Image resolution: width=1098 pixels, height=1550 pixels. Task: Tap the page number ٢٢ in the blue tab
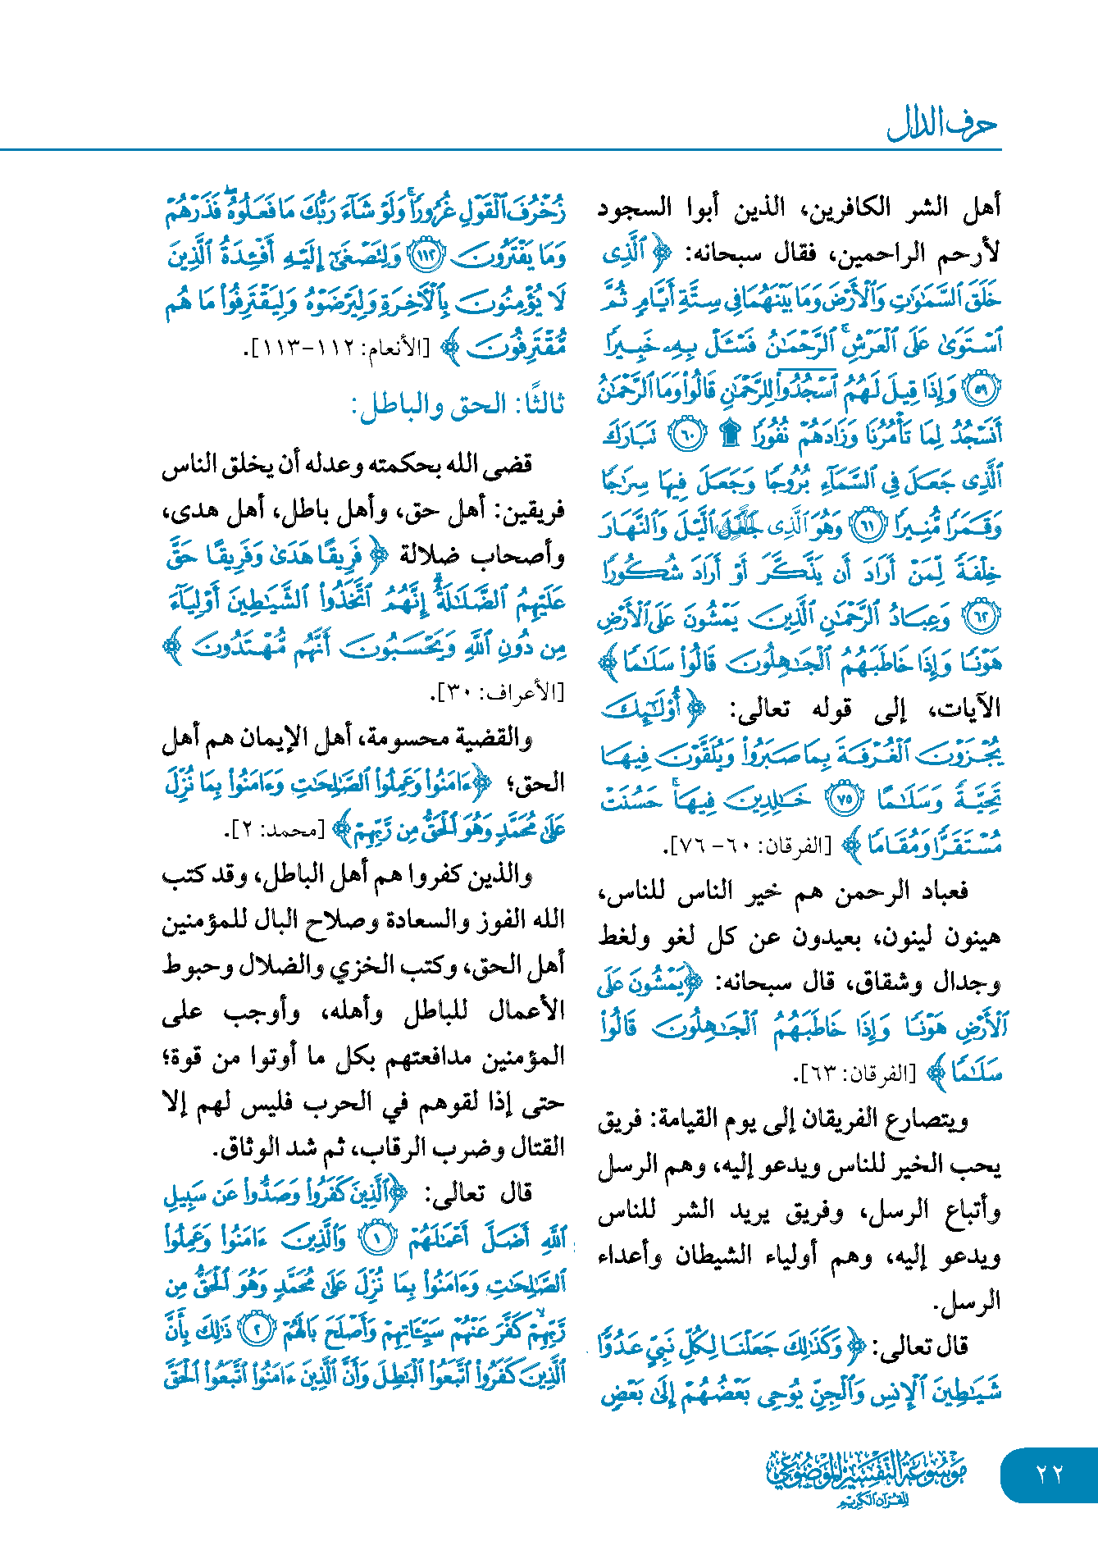1049,1475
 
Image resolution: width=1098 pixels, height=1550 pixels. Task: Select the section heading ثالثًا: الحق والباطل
457,405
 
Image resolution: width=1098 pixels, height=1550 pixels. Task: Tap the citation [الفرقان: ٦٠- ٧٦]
750,846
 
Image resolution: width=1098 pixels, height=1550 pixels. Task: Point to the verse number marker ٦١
868,526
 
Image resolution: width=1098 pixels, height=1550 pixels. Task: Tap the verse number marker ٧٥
844,798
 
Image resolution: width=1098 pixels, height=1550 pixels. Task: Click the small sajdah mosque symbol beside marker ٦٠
728,435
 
